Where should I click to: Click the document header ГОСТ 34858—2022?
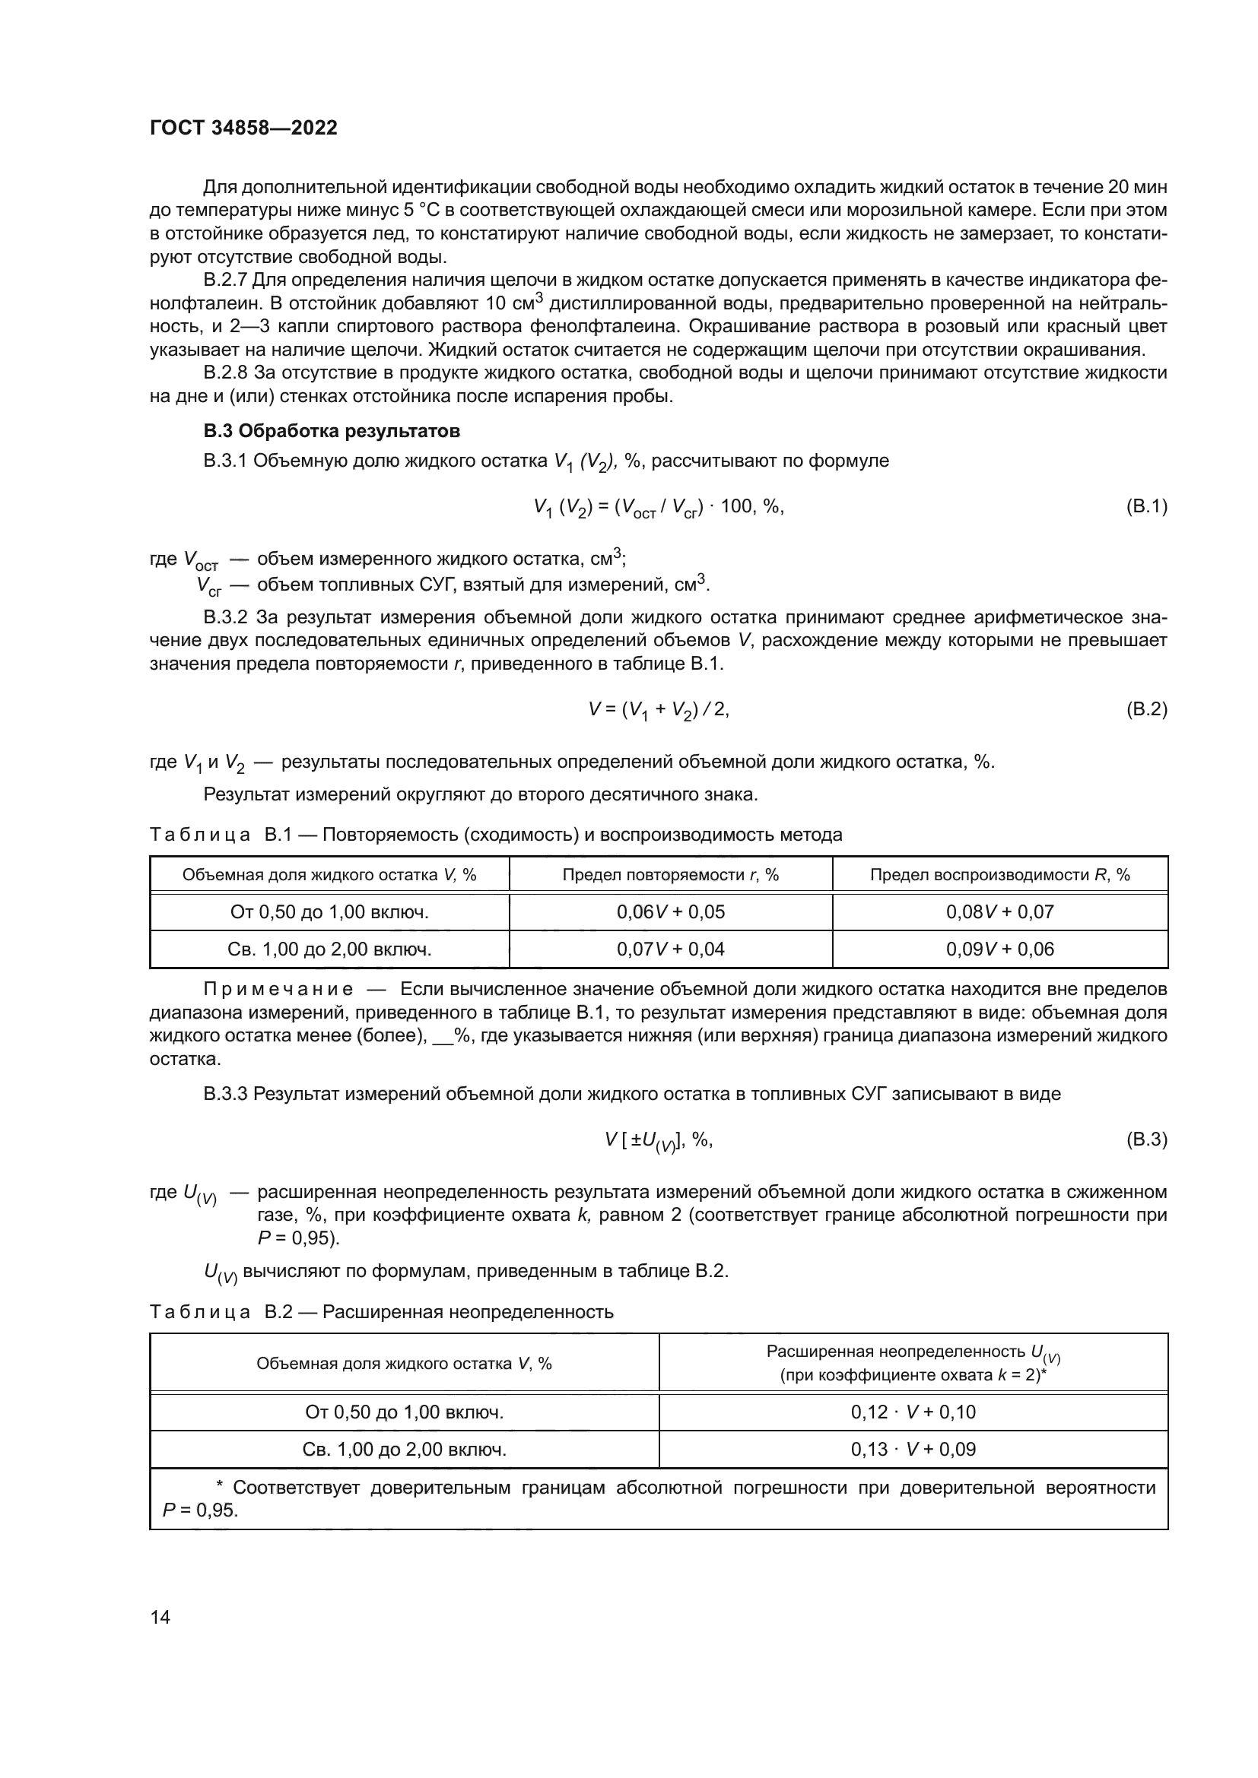pos(243,128)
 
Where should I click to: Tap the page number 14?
pos(160,1617)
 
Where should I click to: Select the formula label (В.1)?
pos(1145,507)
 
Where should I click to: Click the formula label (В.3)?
pos(1145,1140)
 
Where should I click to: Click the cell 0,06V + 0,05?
pos(670,912)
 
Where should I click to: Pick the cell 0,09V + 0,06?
pos(999,949)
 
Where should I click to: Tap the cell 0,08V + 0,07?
pos(999,912)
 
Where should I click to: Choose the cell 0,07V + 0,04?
pos(670,949)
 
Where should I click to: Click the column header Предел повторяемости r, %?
pos(670,875)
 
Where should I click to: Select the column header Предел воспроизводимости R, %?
pos(999,875)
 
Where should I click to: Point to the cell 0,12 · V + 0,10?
pos(913,1412)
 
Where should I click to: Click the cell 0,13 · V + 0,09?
pos(913,1449)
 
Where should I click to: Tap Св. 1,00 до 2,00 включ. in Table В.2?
pos(405,1449)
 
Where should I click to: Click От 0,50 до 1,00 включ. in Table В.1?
pos(329,912)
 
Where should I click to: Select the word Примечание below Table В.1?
pos(278,990)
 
